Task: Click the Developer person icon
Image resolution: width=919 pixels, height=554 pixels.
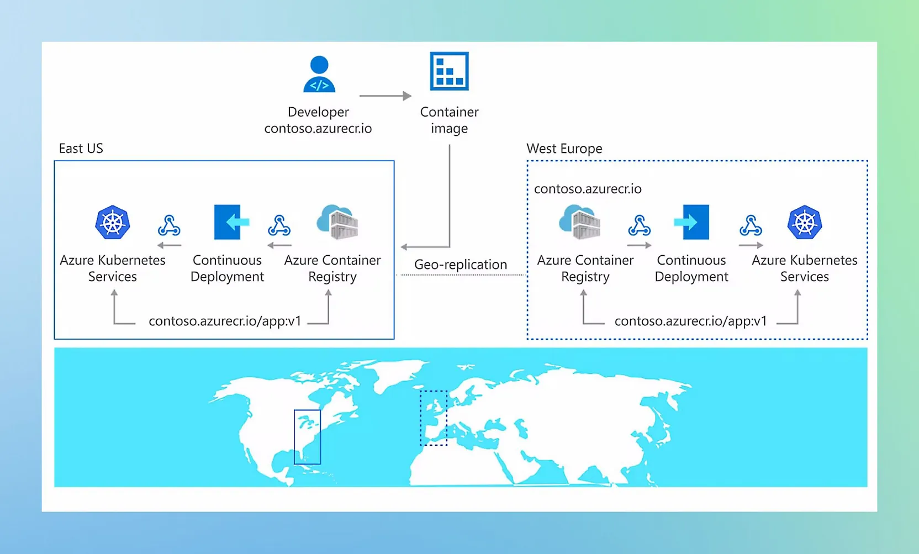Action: [x=319, y=74]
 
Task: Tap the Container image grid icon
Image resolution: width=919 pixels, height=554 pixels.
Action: [x=449, y=71]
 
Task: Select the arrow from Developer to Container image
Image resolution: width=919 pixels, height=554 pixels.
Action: [x=385, y=96]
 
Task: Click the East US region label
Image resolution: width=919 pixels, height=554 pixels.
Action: [x=81, y=149]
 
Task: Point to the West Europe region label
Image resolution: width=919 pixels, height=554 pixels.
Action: [x=564, y=149]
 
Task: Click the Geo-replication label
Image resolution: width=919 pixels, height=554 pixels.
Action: [x=460, y=265]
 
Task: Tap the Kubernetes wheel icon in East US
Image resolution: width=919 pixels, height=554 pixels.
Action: [x=113, y=223]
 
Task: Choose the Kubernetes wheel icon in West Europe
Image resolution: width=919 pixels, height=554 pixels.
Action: [x=804, y=223]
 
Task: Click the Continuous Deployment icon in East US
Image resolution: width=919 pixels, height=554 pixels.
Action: [x=231, y=222]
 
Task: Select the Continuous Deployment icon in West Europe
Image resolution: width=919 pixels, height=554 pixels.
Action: [x=691, y=222]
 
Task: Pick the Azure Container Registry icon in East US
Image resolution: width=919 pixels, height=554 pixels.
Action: [x=337, y=222]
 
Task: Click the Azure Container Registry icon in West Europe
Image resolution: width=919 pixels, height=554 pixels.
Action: [x=579, y=222]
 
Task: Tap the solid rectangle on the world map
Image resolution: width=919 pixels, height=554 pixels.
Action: [x=307, y=437]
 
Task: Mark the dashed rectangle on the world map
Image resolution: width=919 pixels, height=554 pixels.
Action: [x=434, y=418]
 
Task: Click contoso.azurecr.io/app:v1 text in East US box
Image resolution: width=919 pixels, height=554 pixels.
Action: [x=225, y=321]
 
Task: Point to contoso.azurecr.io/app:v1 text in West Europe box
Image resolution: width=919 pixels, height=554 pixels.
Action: [x=690, y=321]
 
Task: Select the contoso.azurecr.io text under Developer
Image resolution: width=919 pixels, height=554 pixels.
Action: [x=318, y=129]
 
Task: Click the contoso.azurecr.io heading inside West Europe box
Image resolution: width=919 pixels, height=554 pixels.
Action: [x=588, y=189]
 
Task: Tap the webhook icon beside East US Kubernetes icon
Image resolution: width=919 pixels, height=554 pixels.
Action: [x=169, y=225]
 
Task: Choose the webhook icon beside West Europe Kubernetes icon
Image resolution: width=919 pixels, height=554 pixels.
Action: [x=751, y=225]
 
